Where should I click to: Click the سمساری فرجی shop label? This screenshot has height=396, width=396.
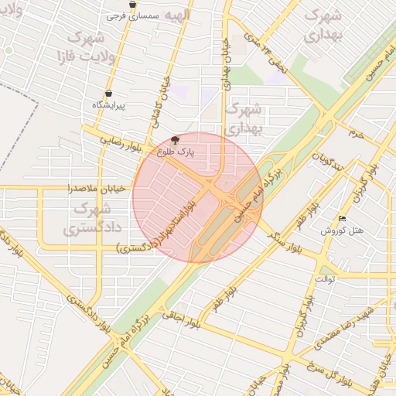pyautogui.click(x=133, y=15)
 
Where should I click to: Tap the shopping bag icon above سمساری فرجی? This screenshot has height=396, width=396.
pyautogui.click(x=133, y=5)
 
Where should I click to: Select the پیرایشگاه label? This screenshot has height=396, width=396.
pyautogui.click(x=109, y=104)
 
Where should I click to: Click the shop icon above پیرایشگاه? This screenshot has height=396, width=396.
pyautogui.click(x=108, y=93)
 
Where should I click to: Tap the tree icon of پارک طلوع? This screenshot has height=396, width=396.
pyautogui.click(x=176, y=141)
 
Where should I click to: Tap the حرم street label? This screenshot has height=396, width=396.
pyautogui.click(x=354, y=134)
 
